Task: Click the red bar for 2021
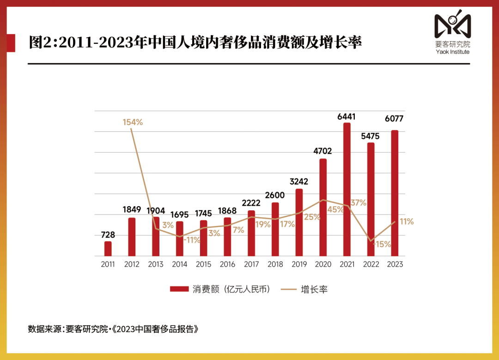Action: [x=347, y=189]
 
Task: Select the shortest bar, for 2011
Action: [x=108, y=249]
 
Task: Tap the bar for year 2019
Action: [x=299, y=222]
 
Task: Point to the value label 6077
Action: [x=394, y=119]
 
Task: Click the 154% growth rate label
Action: [x=133, y=122]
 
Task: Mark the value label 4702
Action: [x=323, y=151]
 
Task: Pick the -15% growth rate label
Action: [x=383, y=244]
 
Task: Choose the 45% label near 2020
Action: [x=335, y=209]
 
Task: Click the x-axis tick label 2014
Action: [x=179, y=264]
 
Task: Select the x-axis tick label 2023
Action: [x=395, y=264]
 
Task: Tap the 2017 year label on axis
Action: [x=251, y=264]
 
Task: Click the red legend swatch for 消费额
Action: [x=179, y=289]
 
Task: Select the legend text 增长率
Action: [x=314, y=289]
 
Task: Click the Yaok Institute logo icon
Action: [x=452, y=26]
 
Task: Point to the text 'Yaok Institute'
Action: [x=452, y=52]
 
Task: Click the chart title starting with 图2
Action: [x=195, y=43]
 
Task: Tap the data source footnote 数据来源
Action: [x=113, y=329]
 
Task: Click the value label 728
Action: [x=108, y=235]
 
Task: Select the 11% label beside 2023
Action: [x=407, y=222]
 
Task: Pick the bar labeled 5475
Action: [x=371, y=199]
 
